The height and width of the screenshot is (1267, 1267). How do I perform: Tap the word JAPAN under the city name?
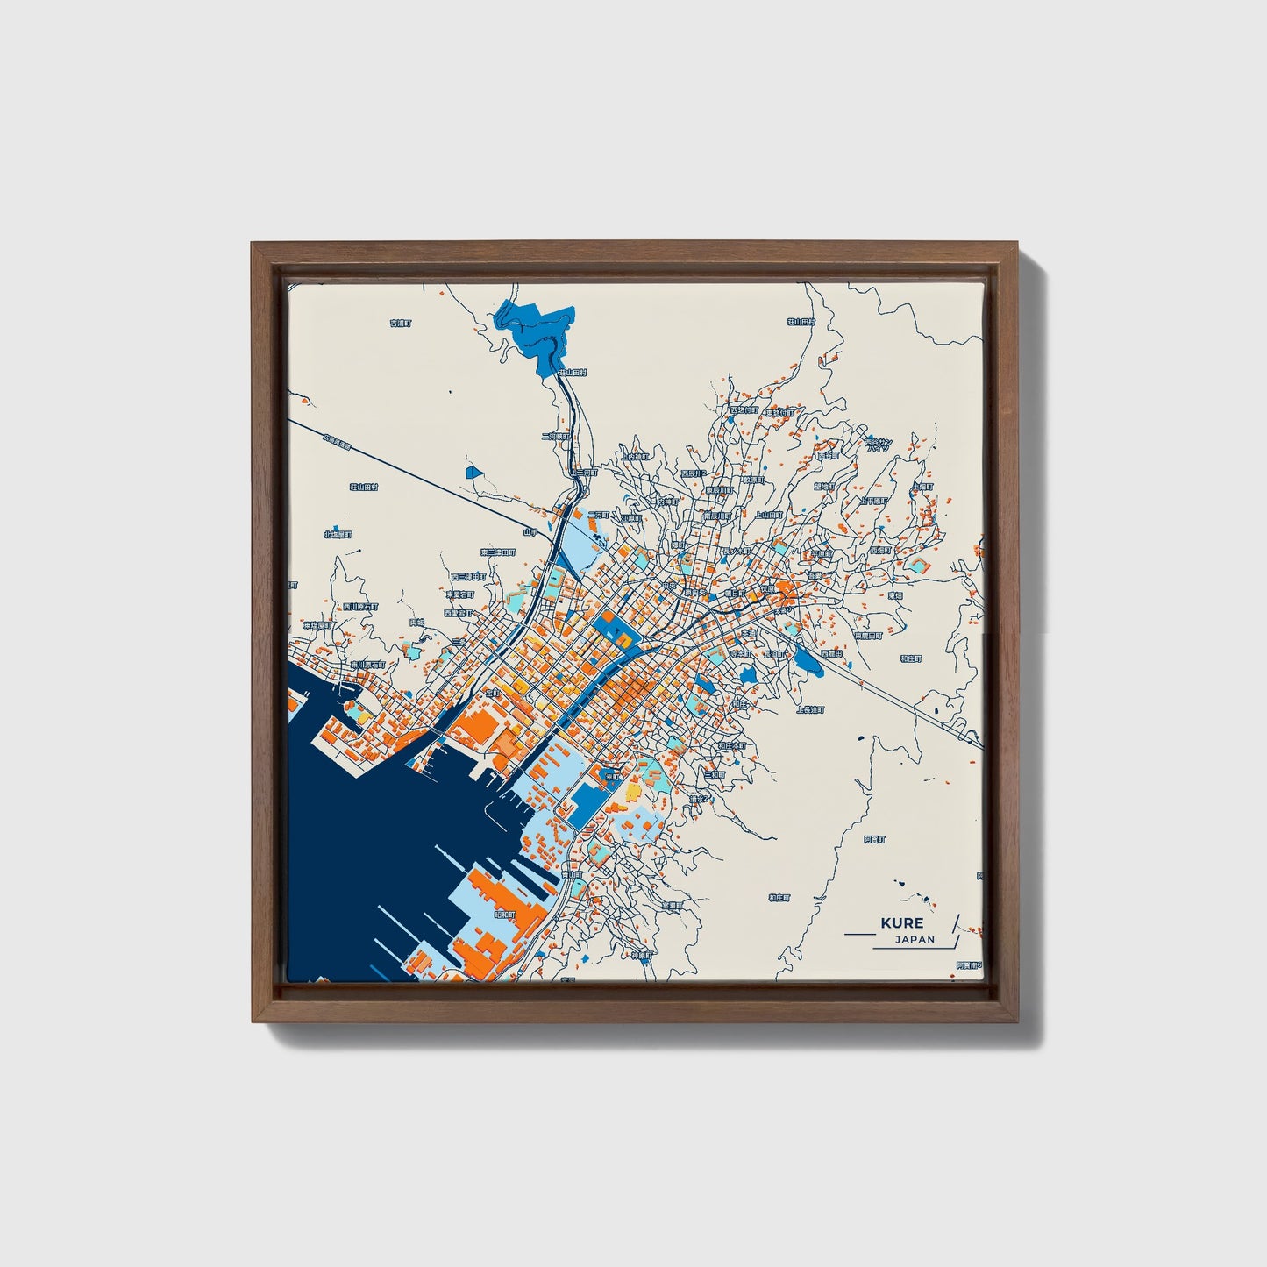tap(915, 940)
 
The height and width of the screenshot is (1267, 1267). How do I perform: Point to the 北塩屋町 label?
tap(337, 533)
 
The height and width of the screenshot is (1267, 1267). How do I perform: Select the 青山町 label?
tap(571, 874)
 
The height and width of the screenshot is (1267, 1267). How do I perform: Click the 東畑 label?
tap(895, 594)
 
